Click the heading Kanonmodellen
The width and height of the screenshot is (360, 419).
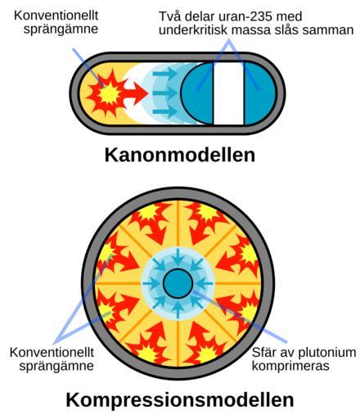pos(180,155)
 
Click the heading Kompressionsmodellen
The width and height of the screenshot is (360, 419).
pos(180,400)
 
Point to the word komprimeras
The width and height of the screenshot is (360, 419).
pos(290,366)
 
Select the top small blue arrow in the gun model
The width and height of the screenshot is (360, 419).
pos(164,74)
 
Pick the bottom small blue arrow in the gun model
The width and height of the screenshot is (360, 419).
pos(164,112)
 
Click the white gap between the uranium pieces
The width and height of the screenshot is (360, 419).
pos(228,93)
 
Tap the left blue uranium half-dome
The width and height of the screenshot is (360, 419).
pos(197,93)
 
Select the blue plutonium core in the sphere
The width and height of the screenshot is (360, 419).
pos(178,283)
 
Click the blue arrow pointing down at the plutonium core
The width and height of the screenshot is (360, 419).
pos(178,256)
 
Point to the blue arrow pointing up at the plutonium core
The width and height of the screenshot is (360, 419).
pos(178,310)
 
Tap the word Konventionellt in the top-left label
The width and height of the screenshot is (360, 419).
pos(56,16)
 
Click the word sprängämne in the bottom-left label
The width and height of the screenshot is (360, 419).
pos(56,366)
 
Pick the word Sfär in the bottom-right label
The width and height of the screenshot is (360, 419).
pos(263,353)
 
